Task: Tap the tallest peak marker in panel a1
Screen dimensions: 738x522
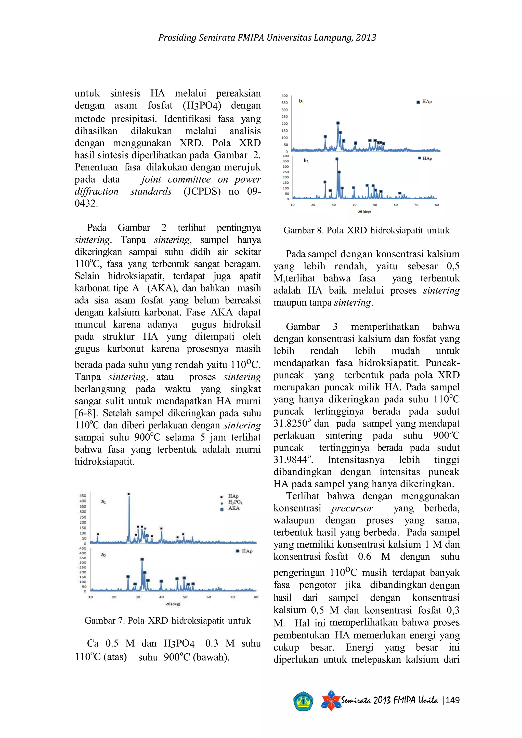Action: [128, 494]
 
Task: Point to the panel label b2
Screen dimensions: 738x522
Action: [306, 161]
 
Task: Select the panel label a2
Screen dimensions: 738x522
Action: [103, 555]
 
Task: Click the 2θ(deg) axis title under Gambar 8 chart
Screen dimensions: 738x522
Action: [364, 212]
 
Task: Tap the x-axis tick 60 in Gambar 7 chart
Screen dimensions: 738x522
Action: [208, 597]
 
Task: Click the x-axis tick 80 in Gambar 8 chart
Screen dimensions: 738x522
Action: [437, 205]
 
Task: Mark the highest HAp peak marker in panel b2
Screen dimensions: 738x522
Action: [336, 159]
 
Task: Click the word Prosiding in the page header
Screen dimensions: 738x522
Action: [177, 38]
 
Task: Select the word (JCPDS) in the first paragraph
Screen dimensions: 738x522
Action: [202, 192]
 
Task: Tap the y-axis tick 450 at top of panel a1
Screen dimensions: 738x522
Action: [83, 496]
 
